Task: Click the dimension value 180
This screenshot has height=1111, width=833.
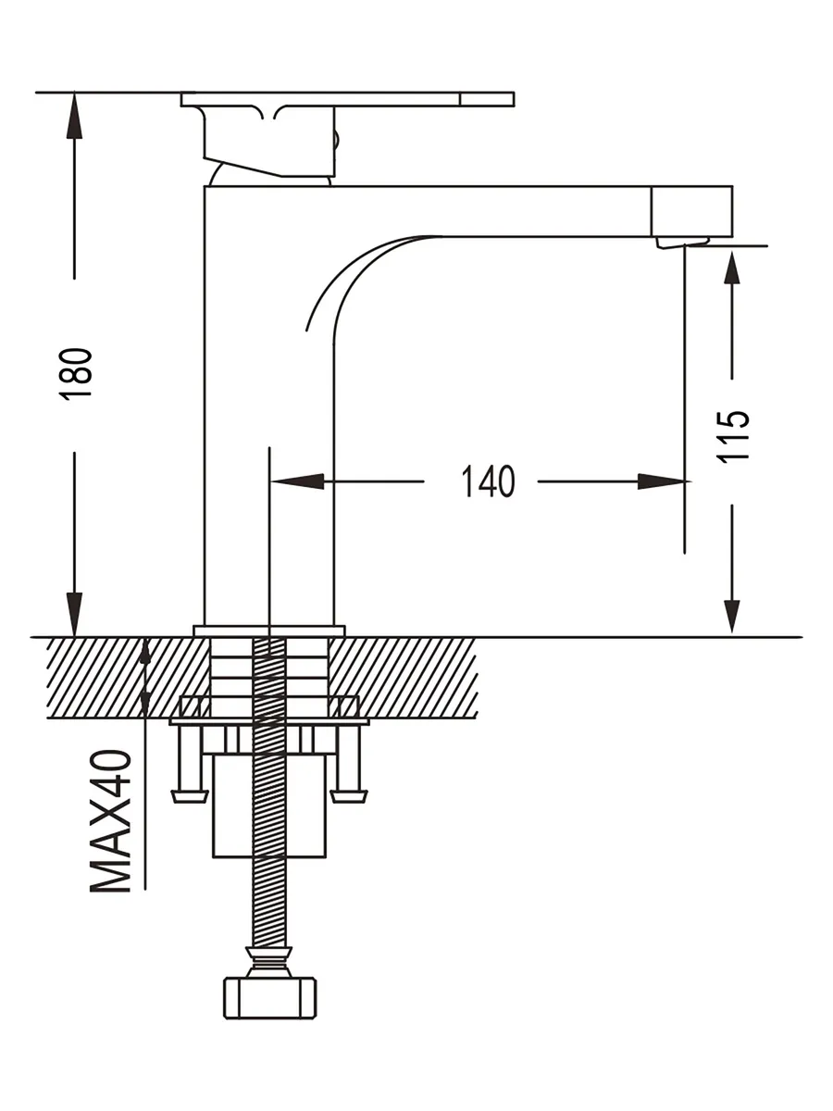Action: [78, 372]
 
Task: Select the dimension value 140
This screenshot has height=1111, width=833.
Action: [489, 481]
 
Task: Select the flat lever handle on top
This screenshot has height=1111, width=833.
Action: [347, 99]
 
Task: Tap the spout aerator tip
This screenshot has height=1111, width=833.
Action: [682, 242]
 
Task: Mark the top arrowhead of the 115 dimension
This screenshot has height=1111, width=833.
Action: [732, 269]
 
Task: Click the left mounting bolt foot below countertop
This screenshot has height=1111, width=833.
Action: [189, 794]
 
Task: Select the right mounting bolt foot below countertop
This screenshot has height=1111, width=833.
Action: [350, 794]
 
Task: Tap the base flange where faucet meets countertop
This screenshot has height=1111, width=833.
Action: [268, 631]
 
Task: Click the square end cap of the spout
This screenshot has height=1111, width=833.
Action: [692, 210]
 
